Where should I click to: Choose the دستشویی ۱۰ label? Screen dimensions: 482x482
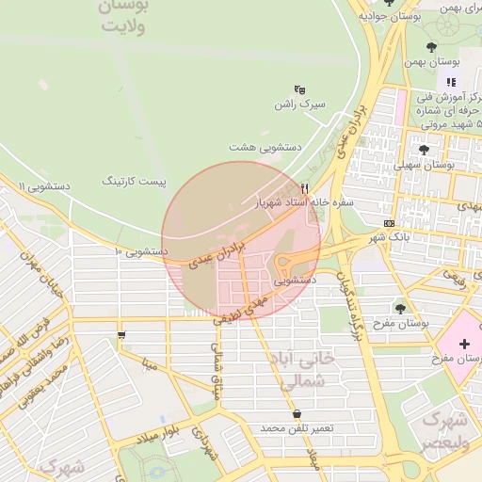[140, 251]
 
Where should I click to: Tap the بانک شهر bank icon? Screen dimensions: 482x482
[390, 223]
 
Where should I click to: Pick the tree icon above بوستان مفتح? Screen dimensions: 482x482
[400, 308]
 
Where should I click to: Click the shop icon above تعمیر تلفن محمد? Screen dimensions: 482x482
[297, 413]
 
